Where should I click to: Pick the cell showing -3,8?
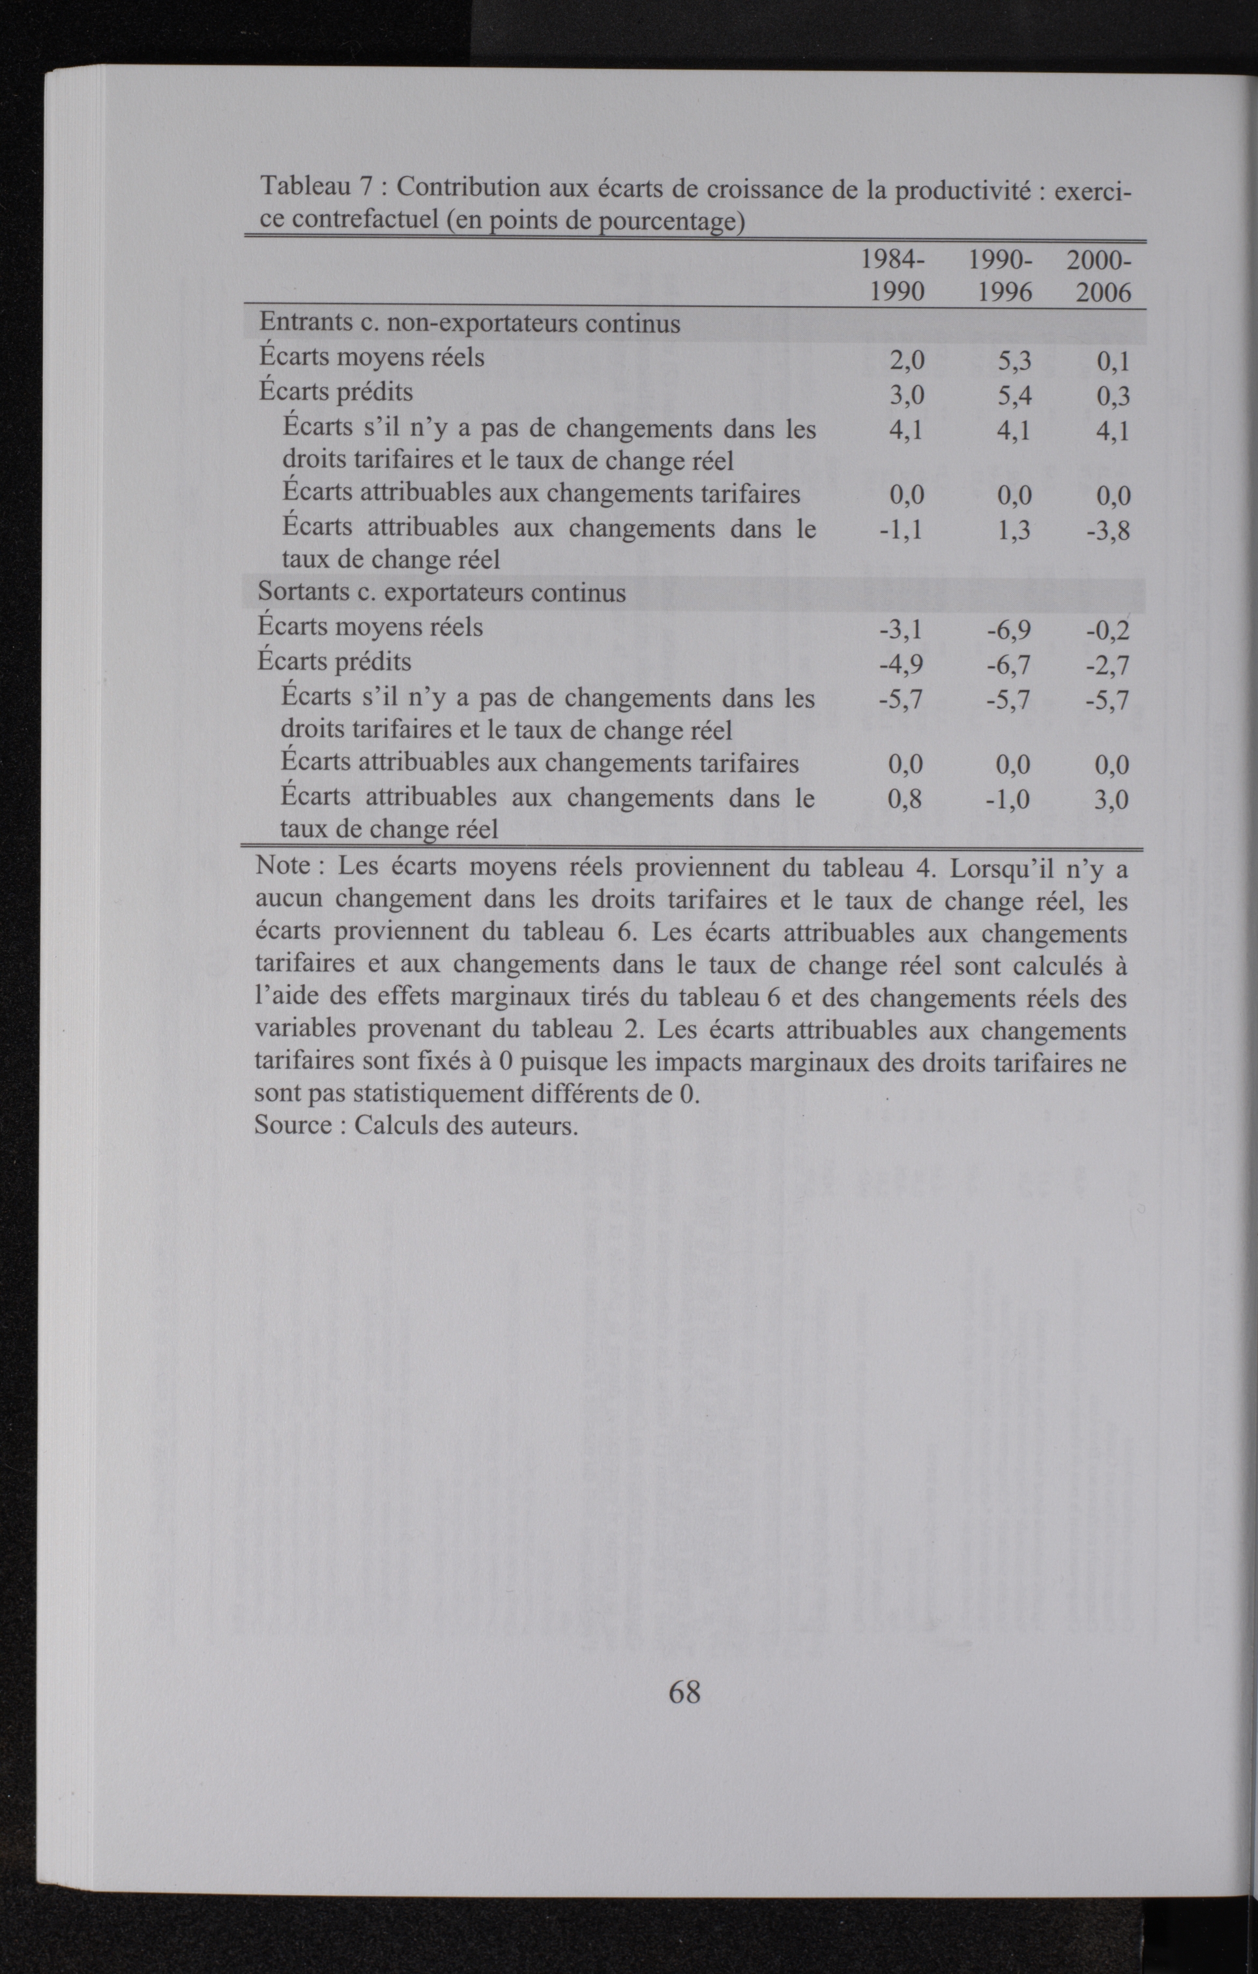click(x=1108, y=531)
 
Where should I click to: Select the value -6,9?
click(x=1009, y=630)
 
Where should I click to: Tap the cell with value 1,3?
click(x=1014, y=530)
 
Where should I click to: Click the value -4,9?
click(x=900, y=664)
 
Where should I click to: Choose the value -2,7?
click(x=1107, y=665)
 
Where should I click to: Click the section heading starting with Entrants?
click(x=470, y=324)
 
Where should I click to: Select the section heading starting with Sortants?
click(x=441, y=592)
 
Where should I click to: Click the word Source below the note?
click(x=293, y=1125)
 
